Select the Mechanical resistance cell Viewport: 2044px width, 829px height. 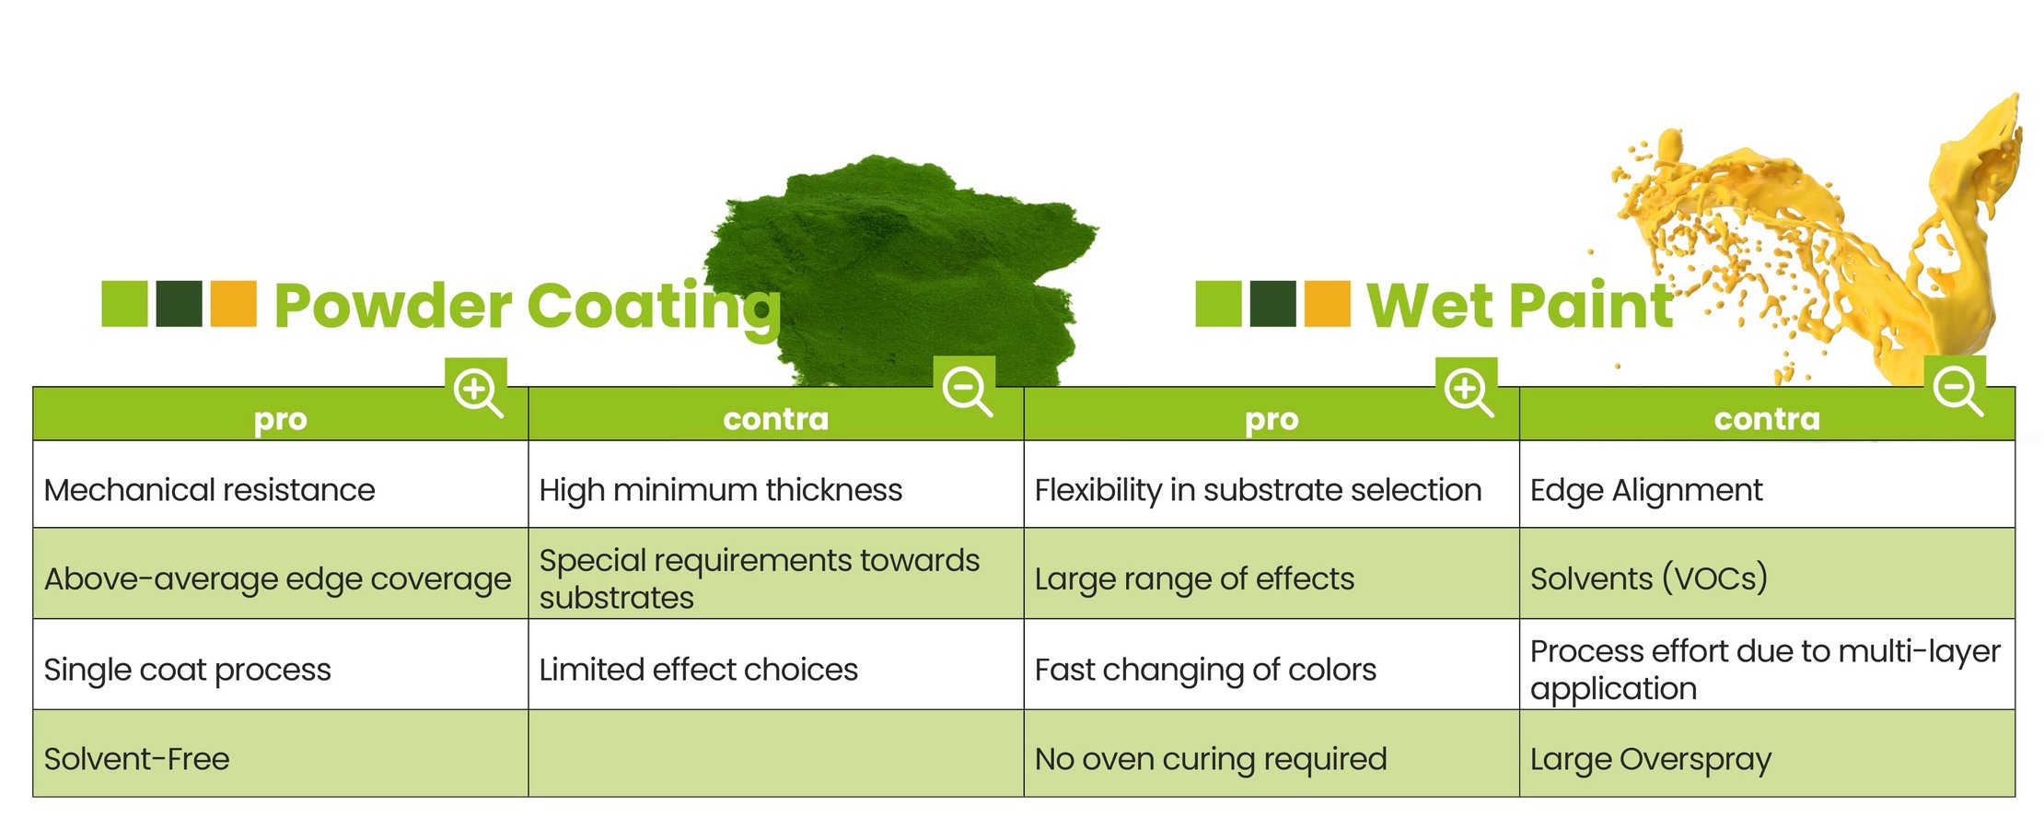[281, 485]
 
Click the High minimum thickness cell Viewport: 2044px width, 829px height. [776, 485]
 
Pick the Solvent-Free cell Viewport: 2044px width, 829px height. [281, 753]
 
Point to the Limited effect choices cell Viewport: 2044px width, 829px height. [776, 664]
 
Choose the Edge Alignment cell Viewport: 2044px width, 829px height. [1767, 485]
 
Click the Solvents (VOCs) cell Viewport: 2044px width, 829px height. [1767, 574]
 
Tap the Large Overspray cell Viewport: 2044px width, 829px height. [1767, 753]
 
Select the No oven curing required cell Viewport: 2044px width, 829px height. [1272, 753]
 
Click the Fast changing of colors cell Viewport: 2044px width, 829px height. [1272, 664]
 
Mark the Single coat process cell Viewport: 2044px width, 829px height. [281, 664]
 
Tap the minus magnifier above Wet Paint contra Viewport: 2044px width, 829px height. [1956, 391]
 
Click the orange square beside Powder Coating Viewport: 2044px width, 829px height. [233, 304]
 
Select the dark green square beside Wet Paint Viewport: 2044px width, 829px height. [1272, 304]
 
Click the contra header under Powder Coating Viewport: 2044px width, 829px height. [776, 419]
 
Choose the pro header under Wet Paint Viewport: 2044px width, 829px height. [1272, 419]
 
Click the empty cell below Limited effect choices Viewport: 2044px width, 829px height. [776, 753]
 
